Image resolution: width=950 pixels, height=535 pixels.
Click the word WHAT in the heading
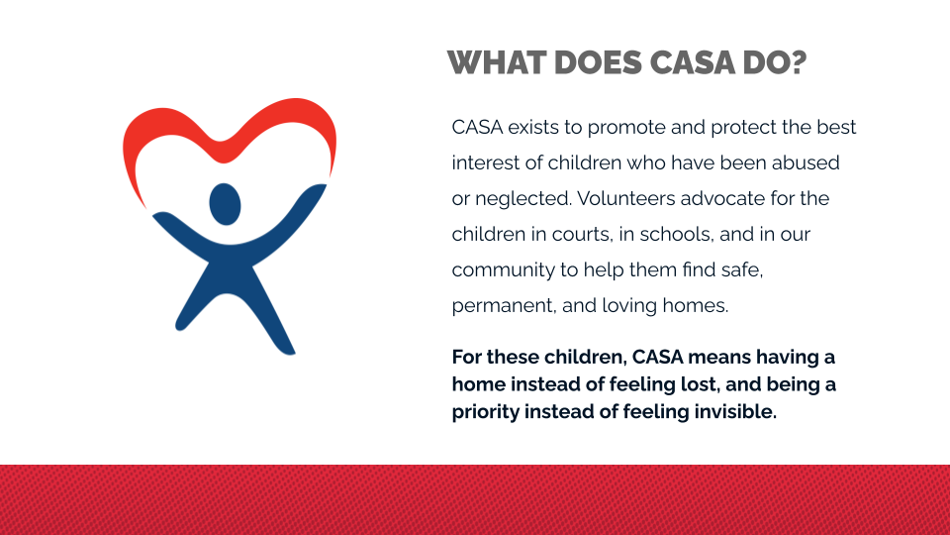coord(497,62)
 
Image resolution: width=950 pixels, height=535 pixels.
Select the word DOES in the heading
coord(598,62)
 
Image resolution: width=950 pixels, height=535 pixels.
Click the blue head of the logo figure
coord(225,204)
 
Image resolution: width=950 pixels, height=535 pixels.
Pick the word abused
coord(806,162)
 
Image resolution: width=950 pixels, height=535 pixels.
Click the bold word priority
coord(486,412)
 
